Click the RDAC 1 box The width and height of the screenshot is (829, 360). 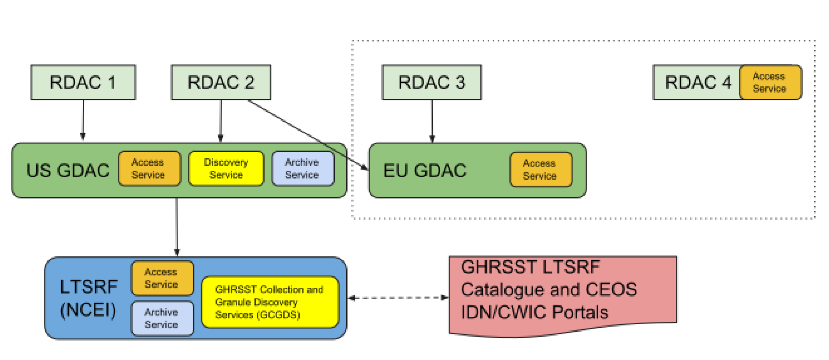83,82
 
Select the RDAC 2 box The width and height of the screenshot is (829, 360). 221,82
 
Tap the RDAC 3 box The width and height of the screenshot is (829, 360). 431,82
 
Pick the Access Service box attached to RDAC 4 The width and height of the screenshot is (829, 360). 770,82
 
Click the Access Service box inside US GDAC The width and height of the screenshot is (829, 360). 149,169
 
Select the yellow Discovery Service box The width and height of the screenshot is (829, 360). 226,169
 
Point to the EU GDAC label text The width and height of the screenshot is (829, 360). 424,171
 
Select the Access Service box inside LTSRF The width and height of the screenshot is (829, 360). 162,278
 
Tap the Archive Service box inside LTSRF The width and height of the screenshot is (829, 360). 162,318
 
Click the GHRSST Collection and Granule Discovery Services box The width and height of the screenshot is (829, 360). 270,302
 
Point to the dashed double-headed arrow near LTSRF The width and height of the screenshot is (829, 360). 398,298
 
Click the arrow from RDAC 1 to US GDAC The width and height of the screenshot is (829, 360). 83,119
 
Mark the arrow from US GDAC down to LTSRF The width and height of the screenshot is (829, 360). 177,225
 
